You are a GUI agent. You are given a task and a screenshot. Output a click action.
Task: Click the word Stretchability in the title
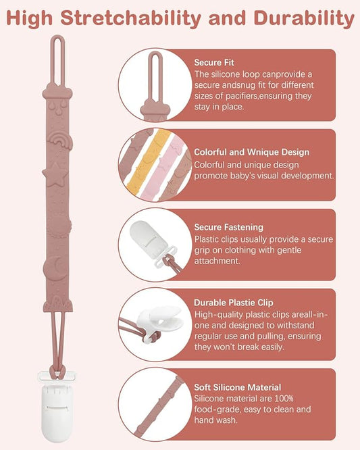click(131, 18)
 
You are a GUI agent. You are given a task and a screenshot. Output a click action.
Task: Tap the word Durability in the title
click(305, 18)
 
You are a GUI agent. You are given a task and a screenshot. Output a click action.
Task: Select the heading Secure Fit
click(214, 62)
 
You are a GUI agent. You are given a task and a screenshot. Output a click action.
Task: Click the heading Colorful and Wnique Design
click(251, 152)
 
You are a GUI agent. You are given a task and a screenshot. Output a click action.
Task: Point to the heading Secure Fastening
click(228, 227)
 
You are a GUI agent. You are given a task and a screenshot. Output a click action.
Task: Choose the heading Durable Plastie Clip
click(234, 303)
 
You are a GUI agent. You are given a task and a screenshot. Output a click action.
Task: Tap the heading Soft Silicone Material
click(238, 387)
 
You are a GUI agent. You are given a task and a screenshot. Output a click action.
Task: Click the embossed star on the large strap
click(55, 174)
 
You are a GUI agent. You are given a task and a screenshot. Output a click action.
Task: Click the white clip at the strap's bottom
click(57, 405)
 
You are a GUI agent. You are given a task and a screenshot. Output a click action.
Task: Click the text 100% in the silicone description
click(284, 399)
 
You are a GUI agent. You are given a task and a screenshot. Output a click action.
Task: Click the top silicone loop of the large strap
click(58, 61)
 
